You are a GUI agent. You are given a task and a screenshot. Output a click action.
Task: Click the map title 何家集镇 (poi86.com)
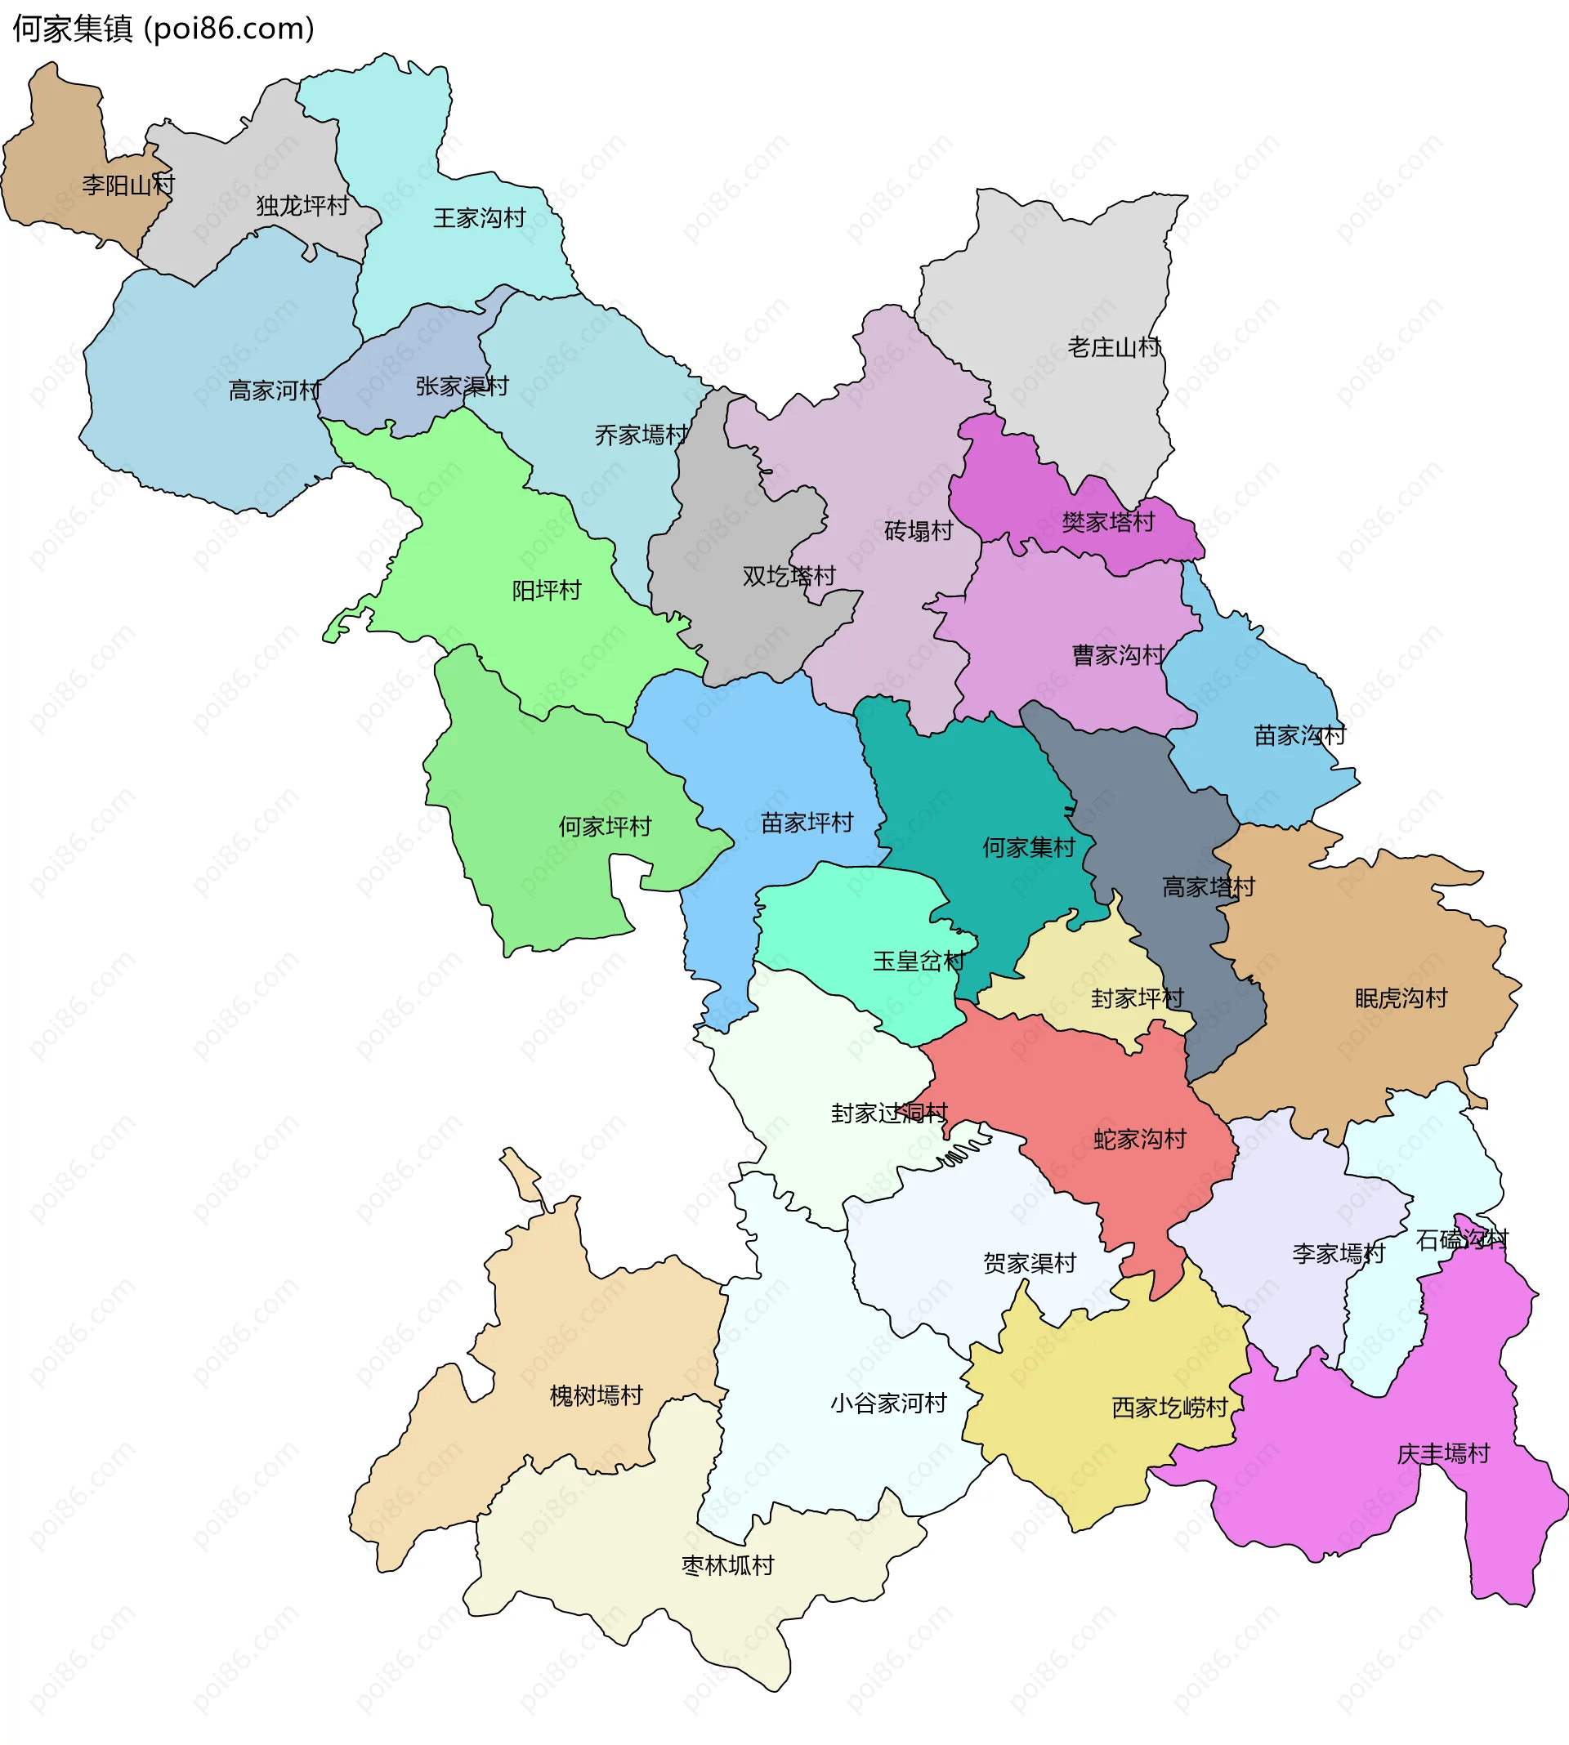(x=163, y=29)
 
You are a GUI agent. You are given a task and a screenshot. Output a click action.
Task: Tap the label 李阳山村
(x=128, y=185)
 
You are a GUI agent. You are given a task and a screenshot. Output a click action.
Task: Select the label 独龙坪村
(x=302, y=206)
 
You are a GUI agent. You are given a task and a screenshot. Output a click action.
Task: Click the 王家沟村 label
(x=480, y=218)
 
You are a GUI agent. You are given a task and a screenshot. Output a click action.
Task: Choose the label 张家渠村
(x=462, y=386)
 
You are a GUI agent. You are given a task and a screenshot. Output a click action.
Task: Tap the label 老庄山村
(x=1115, y=347)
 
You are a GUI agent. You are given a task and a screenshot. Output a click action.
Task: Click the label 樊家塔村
(x=1109, y=522)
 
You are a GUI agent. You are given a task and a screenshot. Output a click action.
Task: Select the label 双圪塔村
(x=789, y=576)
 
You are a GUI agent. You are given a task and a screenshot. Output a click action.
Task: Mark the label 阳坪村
(x=547, y=591)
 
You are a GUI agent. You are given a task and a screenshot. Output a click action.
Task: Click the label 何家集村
(x=1030, y=847)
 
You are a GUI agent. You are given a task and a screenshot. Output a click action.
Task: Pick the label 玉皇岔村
(x=919, y=961)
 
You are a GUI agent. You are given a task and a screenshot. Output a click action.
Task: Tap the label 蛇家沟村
(x=1141, y=1139)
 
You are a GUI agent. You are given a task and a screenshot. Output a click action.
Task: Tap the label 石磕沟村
(x=1463, y=1239)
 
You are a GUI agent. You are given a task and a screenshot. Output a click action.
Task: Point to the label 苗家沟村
(x=1300, y=735)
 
